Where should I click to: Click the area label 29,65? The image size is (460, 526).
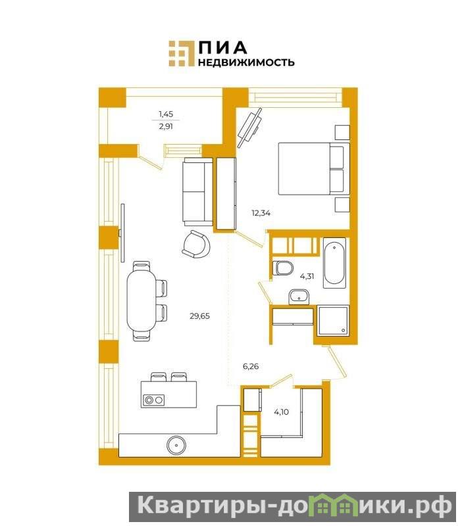pos(200,316)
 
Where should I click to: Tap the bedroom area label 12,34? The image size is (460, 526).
pos(261,213)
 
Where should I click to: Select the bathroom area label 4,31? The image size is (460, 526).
pos(307,276)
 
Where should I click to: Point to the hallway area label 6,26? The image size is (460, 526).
pos(251,366)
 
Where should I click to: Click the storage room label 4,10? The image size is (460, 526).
pos(282,412)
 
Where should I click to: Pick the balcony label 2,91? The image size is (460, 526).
pos(166,126)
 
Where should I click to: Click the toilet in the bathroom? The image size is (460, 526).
pos(282,268)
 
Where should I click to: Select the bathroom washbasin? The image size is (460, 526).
pos(299,297)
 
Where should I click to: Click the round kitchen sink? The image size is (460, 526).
pos(176,445)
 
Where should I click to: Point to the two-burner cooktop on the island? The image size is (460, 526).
pos(153,400)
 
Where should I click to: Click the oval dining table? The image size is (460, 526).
pos(141,301)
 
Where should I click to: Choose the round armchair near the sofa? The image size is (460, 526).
pos(196,244)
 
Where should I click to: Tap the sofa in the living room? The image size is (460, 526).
pos(198,191)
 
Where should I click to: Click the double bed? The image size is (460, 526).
pos(314,169)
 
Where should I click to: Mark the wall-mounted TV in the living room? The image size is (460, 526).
pos(122,233)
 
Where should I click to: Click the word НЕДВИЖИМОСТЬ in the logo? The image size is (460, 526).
pos(246,62)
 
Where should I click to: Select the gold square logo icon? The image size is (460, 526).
pos(182,53)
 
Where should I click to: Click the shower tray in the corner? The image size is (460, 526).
pos(334,320)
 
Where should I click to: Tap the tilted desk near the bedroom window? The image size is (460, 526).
pos(249,128)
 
